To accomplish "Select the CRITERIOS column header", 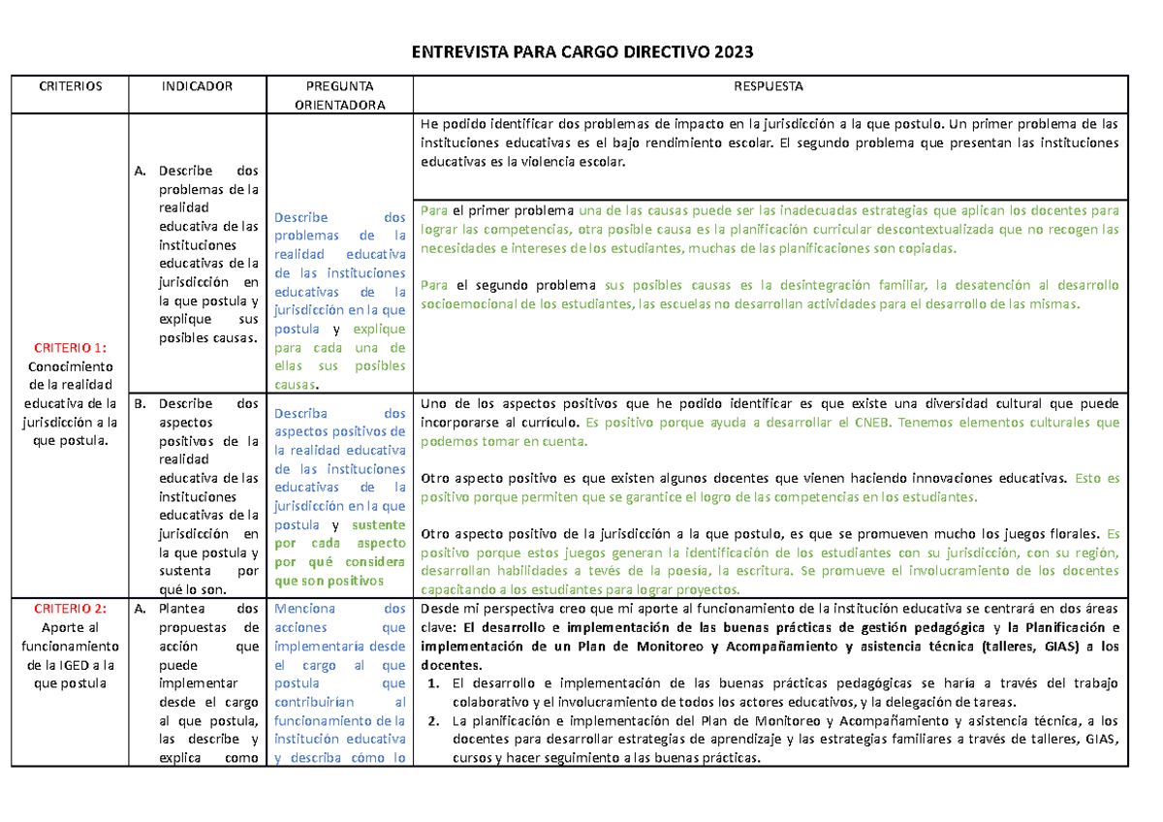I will tap(71, 86).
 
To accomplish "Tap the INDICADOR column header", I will tap(198, 86).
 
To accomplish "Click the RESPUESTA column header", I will tap(770, 86).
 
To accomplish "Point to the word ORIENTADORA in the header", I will tap(339, 105).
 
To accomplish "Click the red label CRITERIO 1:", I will tap(71, 347).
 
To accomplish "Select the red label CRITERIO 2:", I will tap(71, 609).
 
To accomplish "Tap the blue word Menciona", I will tap(304, 610).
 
